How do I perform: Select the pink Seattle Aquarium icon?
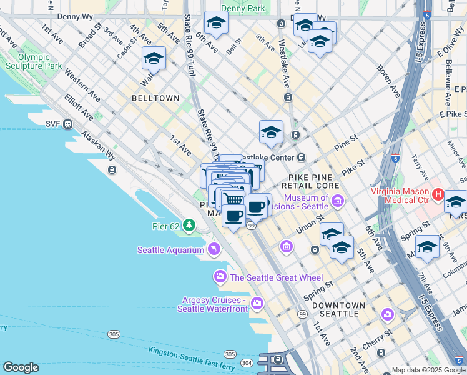[214, 250]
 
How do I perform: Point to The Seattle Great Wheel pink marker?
[220, 277]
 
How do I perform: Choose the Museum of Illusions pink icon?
[338, 201]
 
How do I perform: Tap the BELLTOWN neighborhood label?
[155, 98]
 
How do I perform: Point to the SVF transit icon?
[67, 124]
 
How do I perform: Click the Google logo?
[21, 367]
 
